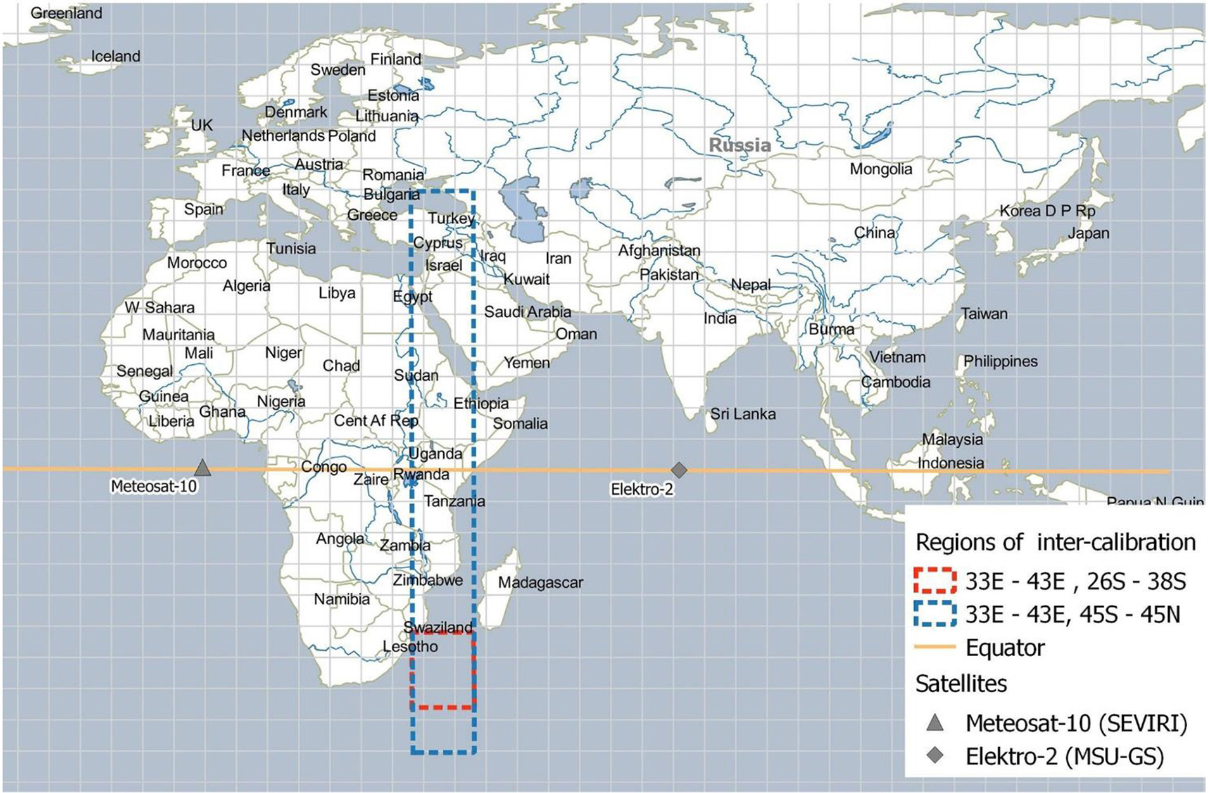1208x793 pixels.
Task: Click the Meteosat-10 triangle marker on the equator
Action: pyautogui.click(x=202, y=468)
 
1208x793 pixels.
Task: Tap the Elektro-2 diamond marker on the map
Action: pyautogui.click(x=679, y=470)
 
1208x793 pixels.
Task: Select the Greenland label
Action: pyautogui.click(x=66, y=13)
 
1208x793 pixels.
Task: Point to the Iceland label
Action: pyautogui.click(x=115, y=56)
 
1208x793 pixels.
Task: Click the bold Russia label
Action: pyautogui.click(x=739, y=145)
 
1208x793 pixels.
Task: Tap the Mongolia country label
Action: pyautogui.click(x=881, y=169)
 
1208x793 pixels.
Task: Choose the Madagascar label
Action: pyautogui.click(x=540, y=582)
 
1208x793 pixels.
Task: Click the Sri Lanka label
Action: pyautogui.click(x=743, y=414)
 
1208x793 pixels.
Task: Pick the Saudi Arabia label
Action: pyautogui.click(x=527, y=312)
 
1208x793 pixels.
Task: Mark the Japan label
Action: pyautogui.click(x=1088, y=233)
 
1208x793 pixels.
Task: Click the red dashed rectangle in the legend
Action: pyautogui.click(x=934, y=580)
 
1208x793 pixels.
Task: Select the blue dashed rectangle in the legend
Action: pyautogui.click(x=934, y=613)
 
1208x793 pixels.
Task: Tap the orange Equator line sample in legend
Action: pyautogui.click(x=934, y=647)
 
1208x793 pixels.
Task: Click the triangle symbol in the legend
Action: pyautogui.click(x=934, y=723)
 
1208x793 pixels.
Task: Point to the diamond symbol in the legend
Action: pyautogui.click(x=934, y=756)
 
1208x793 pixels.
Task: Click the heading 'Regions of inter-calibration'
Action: pyautogui.click(x=1055, y=542)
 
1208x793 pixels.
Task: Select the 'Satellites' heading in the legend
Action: pyautogui.click(x=961, y=683)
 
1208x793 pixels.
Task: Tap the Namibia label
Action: pyautogui.click(x=342, y=599)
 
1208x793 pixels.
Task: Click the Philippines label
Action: pyautogui.click(x=1000, y=361)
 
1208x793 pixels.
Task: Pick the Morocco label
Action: pyautogui.click(x=197, y=262)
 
